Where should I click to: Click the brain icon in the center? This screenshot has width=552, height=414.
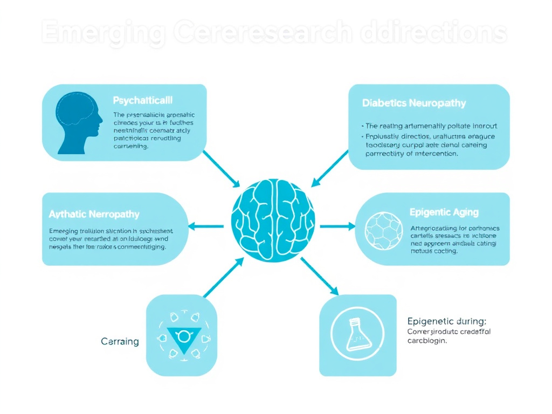[273, 220]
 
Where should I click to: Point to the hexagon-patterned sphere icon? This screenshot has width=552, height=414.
[383, 229]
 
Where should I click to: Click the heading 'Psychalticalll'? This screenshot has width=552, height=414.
[143, 100]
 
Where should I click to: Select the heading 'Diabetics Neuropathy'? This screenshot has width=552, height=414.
[414, 102]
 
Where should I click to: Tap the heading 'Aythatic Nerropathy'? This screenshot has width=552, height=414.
[94, 214]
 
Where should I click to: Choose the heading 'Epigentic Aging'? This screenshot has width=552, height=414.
[444, 212]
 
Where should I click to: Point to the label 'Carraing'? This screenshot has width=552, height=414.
[120, 341]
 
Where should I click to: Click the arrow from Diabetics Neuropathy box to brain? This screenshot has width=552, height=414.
[330, 168]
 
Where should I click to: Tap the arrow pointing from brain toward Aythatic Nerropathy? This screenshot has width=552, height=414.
[206, 226]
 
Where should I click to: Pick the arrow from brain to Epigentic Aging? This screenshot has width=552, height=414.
[337, 226]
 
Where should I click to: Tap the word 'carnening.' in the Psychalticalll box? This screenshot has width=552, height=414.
[130, 146]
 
